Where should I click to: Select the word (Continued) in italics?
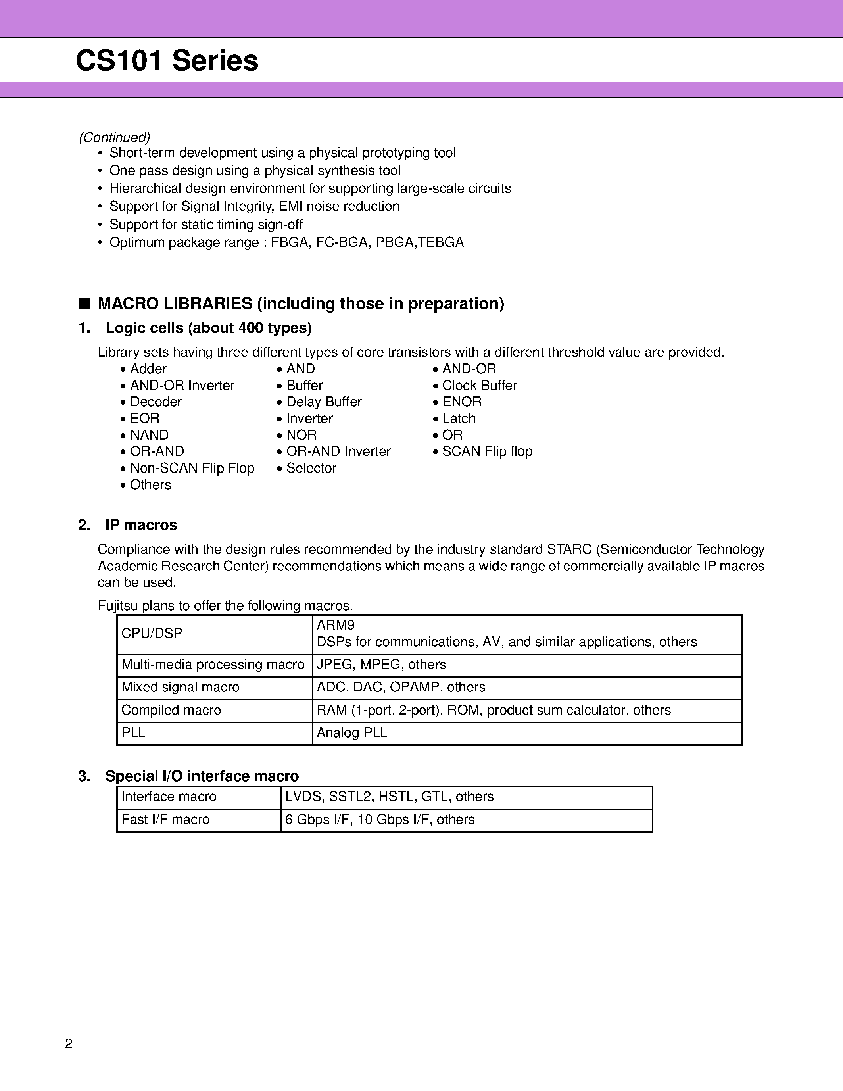pos(114,137)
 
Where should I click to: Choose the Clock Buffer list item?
pos(480,385)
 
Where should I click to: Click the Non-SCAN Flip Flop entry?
pos(192,468)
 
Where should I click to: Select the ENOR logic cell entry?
pos(461,401)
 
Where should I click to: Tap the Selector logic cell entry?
pos(311,468)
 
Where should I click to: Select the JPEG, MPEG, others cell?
pos(381,665)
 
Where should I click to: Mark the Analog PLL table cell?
pos(351,732)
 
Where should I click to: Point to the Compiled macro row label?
pos(171,710)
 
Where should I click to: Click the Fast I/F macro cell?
pos(165,819)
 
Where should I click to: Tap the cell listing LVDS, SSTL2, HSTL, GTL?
pos(389,796)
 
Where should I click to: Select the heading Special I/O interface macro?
pos(202,776)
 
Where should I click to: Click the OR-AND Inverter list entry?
pos(338,451)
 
